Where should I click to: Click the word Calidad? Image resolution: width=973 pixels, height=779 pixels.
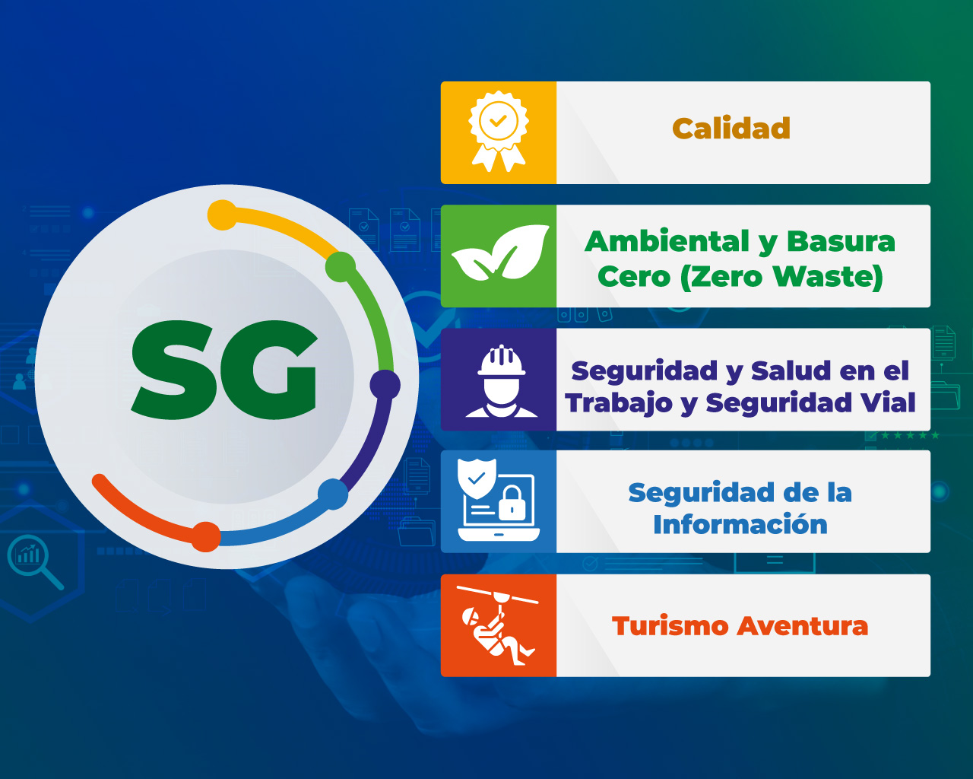(731, 129)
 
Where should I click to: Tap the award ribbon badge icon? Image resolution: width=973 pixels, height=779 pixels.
(498, 132)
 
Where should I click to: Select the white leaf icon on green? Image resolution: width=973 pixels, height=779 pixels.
(500, 252)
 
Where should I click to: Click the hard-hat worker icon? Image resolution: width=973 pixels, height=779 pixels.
(501, 380)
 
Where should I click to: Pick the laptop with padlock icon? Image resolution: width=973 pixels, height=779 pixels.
(498, 500)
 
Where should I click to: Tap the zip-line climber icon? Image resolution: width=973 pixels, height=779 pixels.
(497, 625)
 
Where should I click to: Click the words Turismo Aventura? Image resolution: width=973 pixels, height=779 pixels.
(740, 626)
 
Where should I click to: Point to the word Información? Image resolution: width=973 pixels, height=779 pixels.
(740, 524)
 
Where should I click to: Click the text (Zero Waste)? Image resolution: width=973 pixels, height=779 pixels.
(781, 277)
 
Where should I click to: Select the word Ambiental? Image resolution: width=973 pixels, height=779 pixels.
(667, 241)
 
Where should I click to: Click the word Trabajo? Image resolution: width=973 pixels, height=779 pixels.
(619, 403)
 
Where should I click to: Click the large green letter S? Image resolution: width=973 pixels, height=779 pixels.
(176, 370)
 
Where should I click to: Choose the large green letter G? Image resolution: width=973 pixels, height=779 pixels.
(271, 370)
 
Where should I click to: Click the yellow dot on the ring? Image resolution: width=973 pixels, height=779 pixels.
(222, 215)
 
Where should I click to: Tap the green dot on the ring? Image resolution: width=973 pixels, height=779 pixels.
(341, 267)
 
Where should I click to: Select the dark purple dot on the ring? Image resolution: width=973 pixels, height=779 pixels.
(385, 385)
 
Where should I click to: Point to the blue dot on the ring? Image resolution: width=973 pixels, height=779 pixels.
(333, 494)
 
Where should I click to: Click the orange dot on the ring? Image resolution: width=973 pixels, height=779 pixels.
(206, 537)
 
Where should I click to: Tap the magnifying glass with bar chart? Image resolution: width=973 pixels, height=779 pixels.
(35, 561)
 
